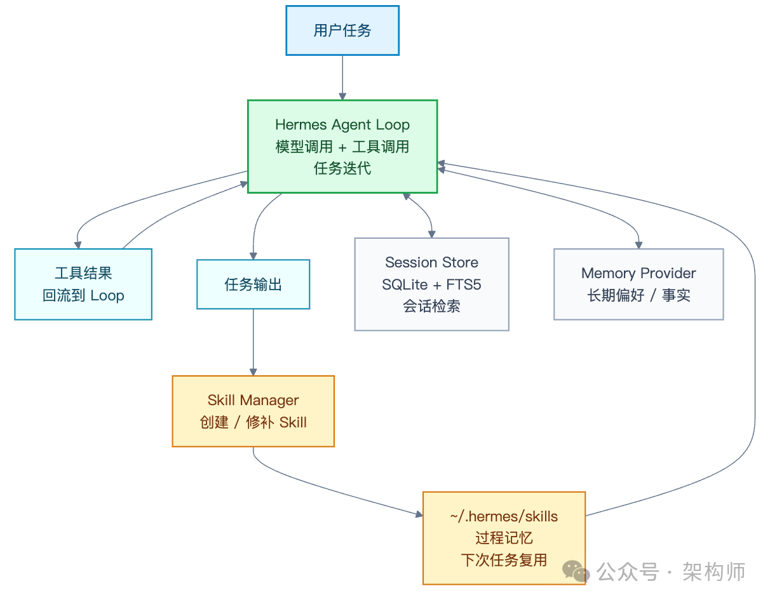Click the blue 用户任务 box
(x=342, y=30)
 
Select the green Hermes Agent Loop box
(x=342, y=146)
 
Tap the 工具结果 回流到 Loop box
(x=83, y=284)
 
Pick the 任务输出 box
(x=253, y=284)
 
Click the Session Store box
(x=431, y=284)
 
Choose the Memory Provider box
(x=638, y=284)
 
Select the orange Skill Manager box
(x=253, y=411)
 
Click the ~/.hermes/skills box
(x=504, y=537)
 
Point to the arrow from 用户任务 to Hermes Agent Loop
(x=342, y=77)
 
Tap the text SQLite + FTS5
(x=431, y=284)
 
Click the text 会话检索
(x=431, y=306)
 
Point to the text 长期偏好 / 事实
(x=638, y=295)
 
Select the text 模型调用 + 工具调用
(x=342, y=147)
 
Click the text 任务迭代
(x=342, y=168)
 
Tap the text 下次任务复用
(x=504, y=559)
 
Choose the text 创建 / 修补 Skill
(x=253, y=422)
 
